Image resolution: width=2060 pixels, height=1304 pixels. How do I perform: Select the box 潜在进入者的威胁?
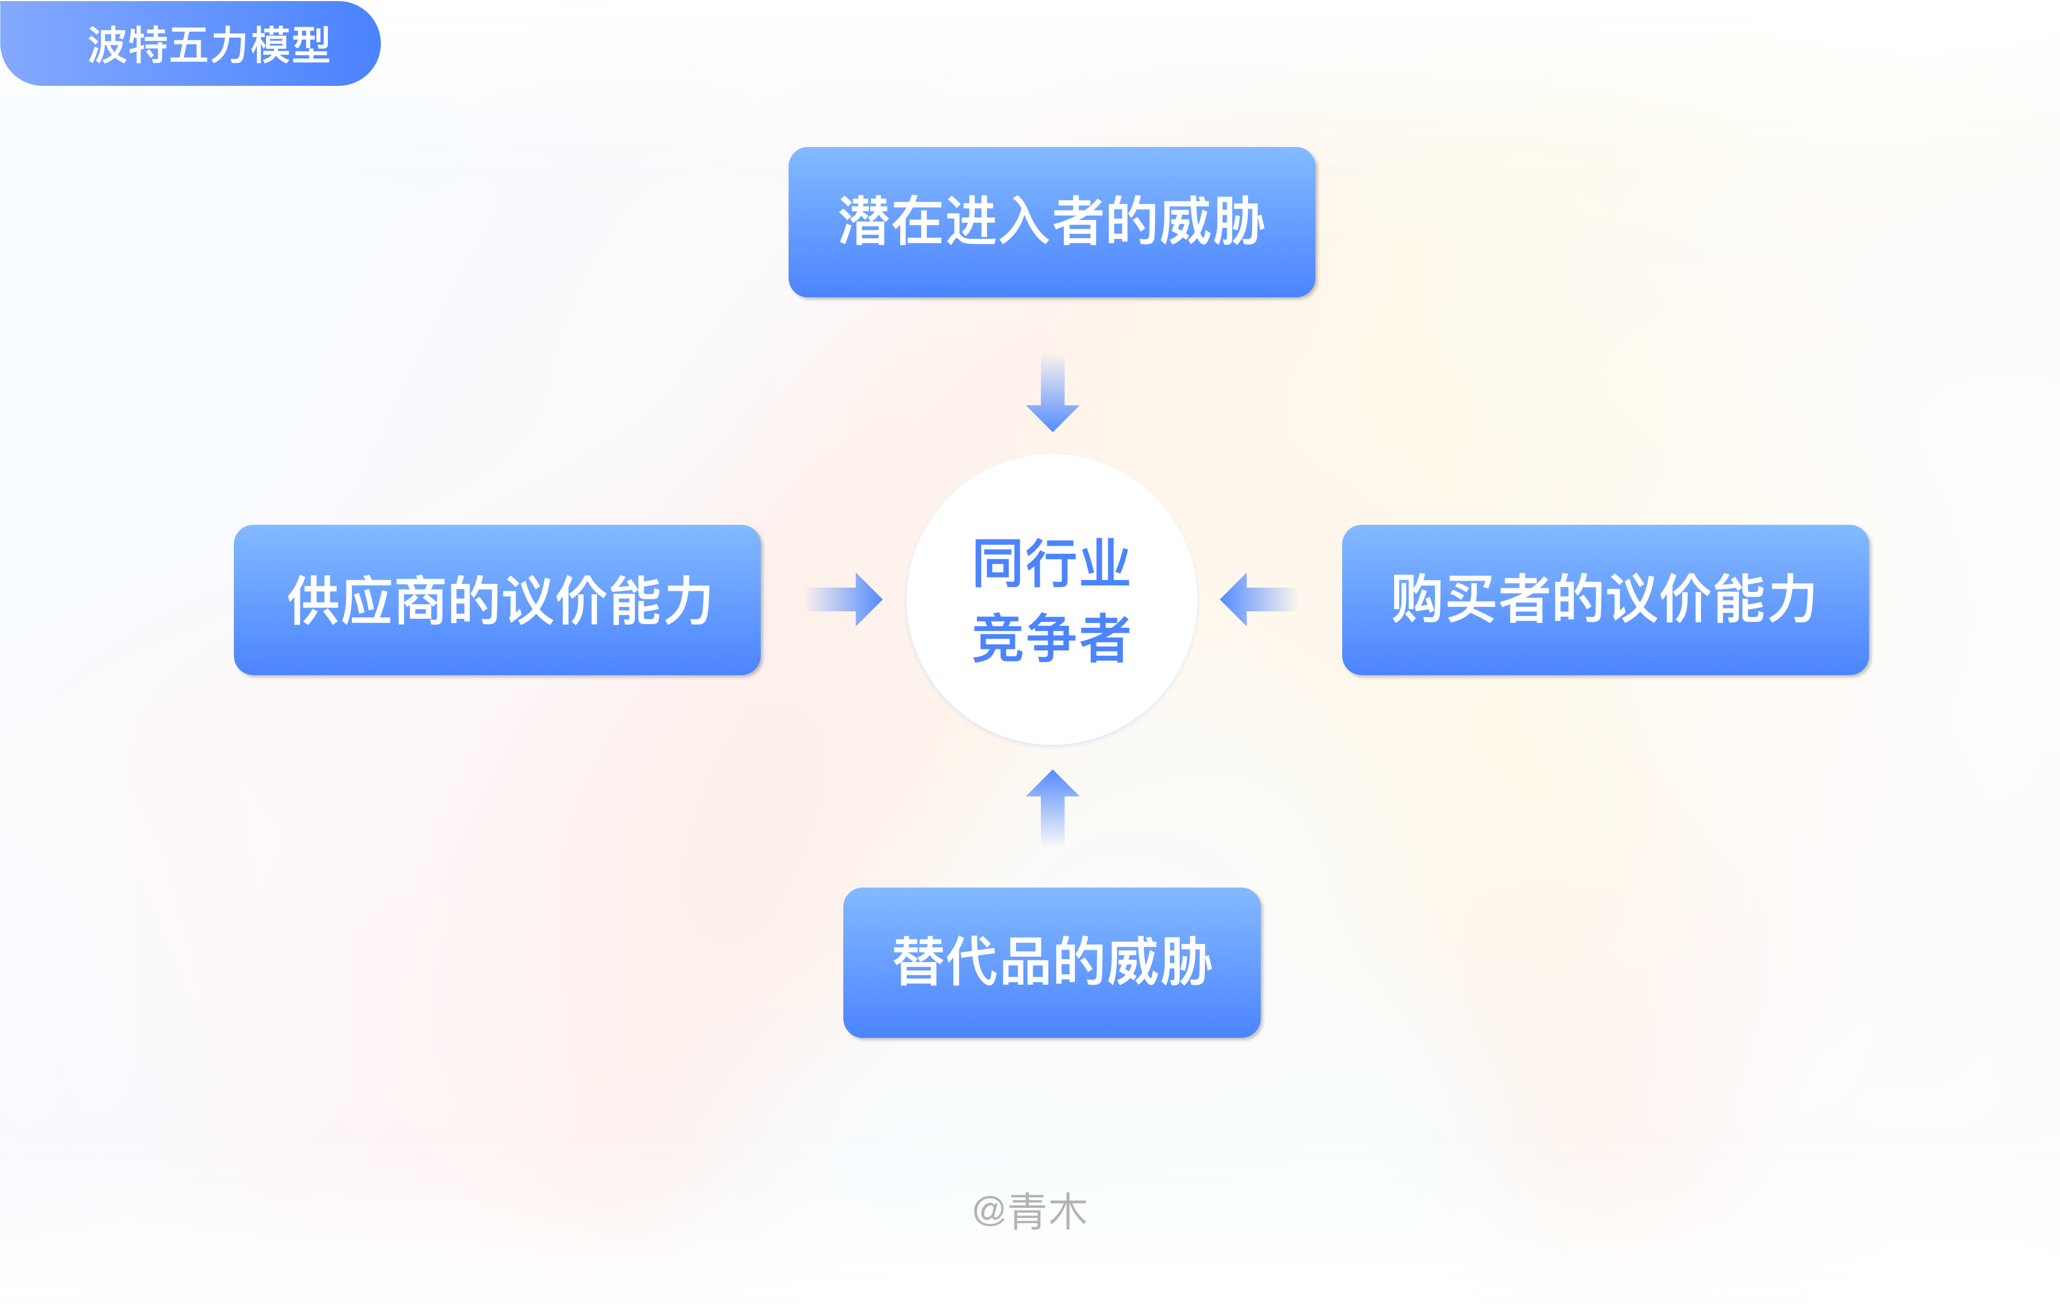(x=1051, y=222)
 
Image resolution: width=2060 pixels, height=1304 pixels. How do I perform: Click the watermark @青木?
(x=1030, y=1211)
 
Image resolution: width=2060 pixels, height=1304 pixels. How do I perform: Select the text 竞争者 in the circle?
(x=1051, y=638)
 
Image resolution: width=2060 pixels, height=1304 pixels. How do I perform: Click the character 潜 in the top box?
(x=864, y=222)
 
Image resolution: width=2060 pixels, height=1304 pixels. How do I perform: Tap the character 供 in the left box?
(x=313, y=600)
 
